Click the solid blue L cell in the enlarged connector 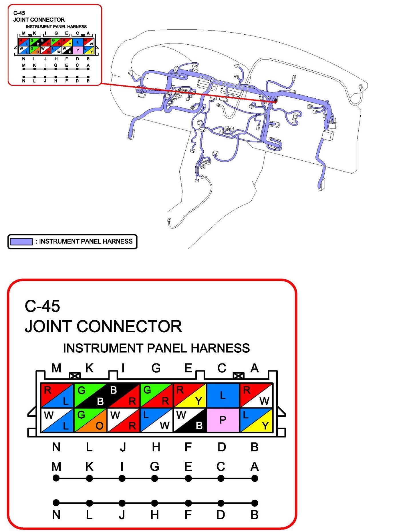pos(223,395)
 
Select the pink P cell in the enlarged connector pos(223,420)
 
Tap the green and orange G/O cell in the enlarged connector pos(90,420)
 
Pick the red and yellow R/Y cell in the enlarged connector pos(189,395)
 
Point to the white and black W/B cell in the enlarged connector pos(189,420)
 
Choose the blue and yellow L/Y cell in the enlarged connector pos(256,420)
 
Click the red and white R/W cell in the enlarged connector pos(256,395)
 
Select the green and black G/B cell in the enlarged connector pos(90,395)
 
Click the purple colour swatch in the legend pos(21,241)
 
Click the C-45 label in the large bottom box pos(42,306)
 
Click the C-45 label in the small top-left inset pos(19,13)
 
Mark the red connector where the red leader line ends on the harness pos(275,101)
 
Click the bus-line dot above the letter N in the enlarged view pos(56,503)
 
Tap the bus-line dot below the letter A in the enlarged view pos(255,478)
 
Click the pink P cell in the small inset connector pos(78,50)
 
